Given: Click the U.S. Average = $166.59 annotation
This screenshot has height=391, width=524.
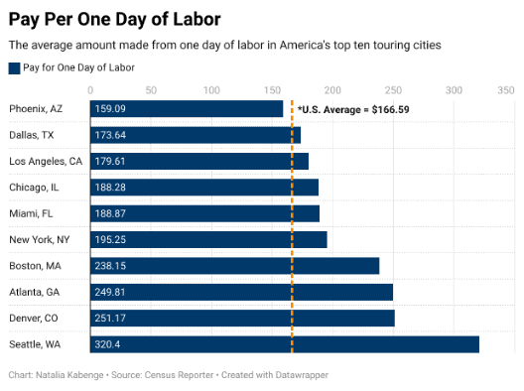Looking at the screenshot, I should click(352, 109).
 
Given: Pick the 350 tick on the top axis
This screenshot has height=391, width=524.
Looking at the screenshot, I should click(506, 90).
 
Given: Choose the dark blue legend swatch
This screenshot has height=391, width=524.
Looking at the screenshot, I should click(14, 67).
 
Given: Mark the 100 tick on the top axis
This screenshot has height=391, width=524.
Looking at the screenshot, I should click(211, 90).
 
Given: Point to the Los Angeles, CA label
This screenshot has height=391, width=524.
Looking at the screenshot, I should click(46, 161).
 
